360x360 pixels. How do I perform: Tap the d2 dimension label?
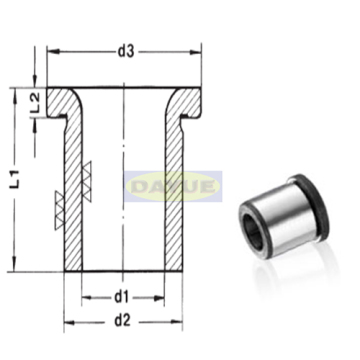pyautogui.click(x=121, y=322)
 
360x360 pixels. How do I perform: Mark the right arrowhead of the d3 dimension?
pyautogui.click(x=201, y=51)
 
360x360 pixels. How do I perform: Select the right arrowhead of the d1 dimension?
pyautogui.click(x=162, y=298)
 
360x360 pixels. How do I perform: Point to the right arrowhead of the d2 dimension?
pyautogui.click(x=181, y=324)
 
